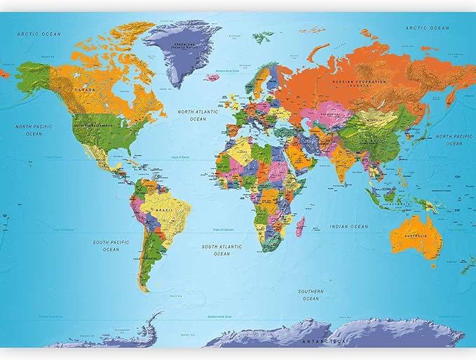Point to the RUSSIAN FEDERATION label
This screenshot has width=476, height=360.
pyautogui.click(x=360, y=81)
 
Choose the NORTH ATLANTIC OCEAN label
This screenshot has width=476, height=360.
pyautogui.click(x=198, y=115)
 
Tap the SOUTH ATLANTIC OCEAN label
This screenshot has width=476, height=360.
pyautogui.click(x=222, y=250)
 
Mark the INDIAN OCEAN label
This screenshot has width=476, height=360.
pyautogui.click(x=348, y=227)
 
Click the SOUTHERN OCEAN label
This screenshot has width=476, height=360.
pyautogui.click(x=310, y=295)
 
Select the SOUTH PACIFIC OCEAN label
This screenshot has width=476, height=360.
pyautogui.click(x=111, y=246)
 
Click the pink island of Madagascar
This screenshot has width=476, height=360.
pyautogui.click(x=301, y=226)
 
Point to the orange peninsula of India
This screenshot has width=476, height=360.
pyautogui.click(x=341, y=161)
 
